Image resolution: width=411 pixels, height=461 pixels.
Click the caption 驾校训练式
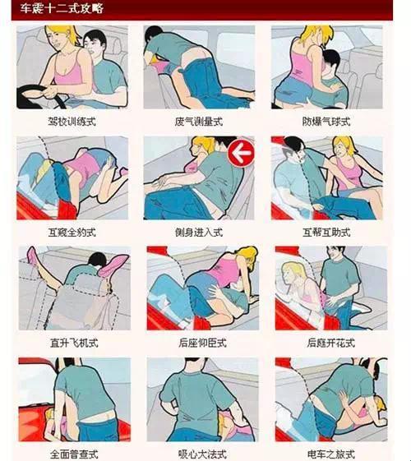tap(72, 122)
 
